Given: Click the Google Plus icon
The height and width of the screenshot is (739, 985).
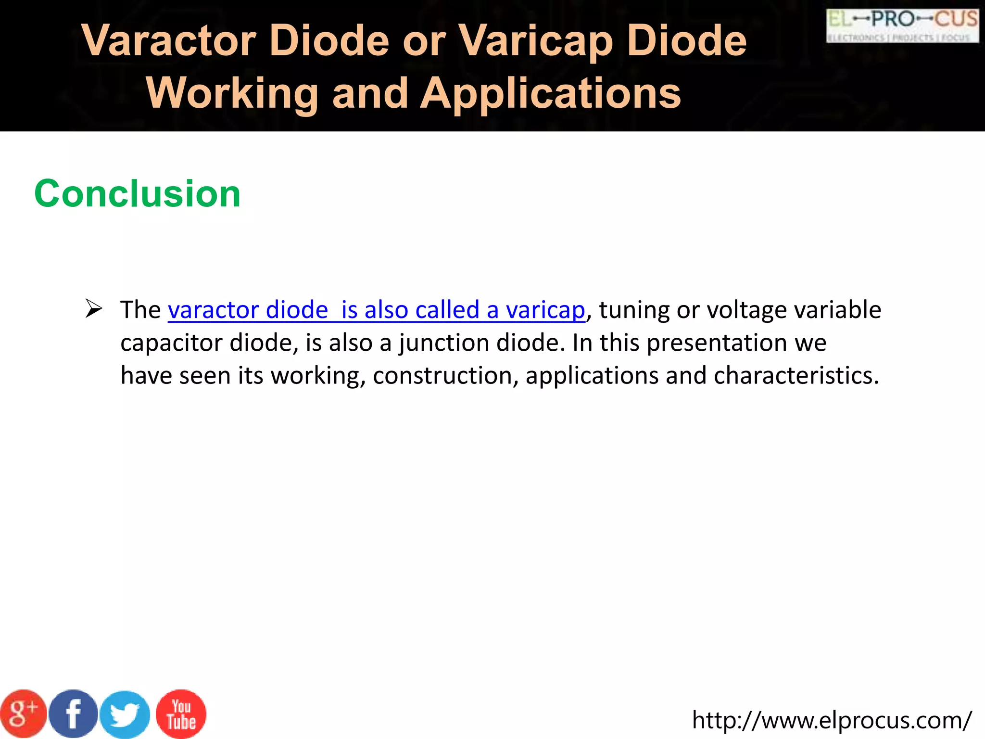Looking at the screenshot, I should (x=23, y=714).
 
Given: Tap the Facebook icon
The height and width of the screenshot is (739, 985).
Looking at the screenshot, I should (x=74, y=714).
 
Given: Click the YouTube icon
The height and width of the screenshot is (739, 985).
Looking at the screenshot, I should (x=181, y=714).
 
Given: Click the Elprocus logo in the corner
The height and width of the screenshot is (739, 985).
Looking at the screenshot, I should (x=902, y=26).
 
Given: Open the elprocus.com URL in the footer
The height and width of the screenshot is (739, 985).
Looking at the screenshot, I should (x=832, y=720).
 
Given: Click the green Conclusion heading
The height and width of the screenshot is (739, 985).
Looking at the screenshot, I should (x=138, y=193).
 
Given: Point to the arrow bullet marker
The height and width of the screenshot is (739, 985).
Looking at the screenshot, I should (x=93, y=308).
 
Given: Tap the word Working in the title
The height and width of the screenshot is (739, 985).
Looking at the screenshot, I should (x=232, y=93).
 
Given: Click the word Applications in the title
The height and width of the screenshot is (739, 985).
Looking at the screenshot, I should (x=551, y=93).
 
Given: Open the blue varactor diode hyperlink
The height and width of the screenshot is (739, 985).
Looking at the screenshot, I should (x=376, y=310).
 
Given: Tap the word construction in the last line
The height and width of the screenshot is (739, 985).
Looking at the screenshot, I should (x=445, y=376).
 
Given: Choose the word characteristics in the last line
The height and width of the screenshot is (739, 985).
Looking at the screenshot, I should (x=796, y=376).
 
